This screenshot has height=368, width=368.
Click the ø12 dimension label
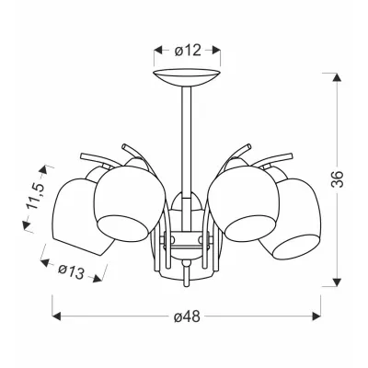tap(188, 50)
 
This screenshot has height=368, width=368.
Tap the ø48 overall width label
tap(187, 316)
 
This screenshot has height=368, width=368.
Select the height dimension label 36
tap(338, 178)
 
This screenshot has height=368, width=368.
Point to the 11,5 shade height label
tap(36, 196)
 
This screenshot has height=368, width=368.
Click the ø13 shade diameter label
tap(71, 271)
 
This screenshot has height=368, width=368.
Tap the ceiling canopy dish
tap(187, 78)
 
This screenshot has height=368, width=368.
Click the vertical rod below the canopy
tap(186, 141)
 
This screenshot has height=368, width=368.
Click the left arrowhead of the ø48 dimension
tap(56, 316)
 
